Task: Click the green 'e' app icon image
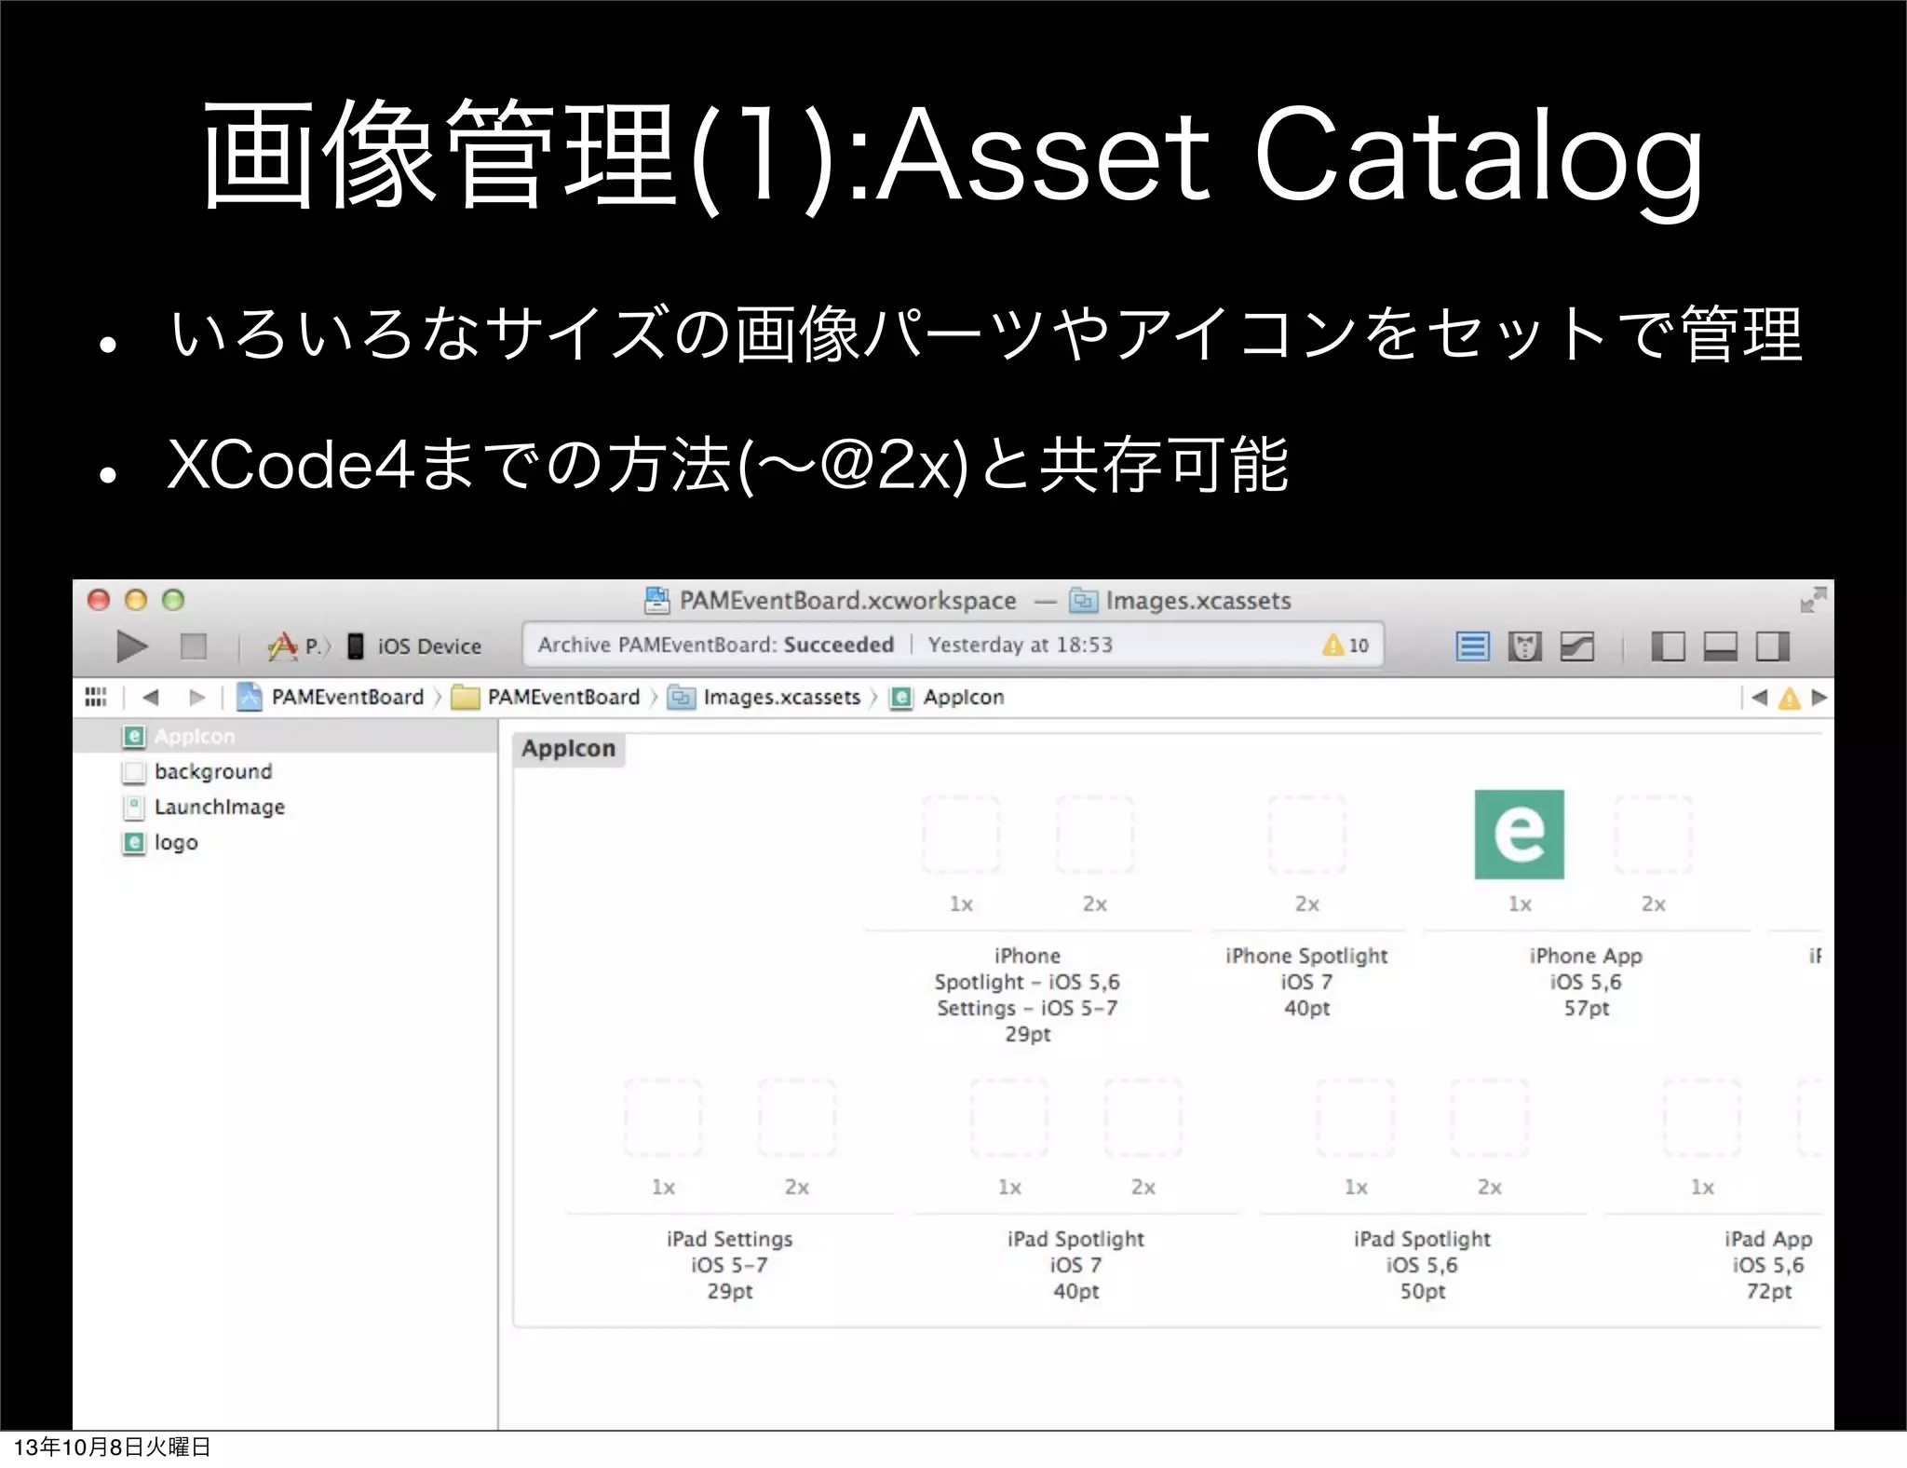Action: coord(1519,834)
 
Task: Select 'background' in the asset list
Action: coord(213,771)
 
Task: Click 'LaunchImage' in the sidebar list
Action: coord(219,807)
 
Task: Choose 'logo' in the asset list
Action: coord(176,842)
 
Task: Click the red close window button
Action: coord(99,600)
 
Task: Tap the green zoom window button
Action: coord(173,600)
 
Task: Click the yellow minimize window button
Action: coord(136,600)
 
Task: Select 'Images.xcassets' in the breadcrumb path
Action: coord(780,697)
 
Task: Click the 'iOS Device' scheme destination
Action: coord(428,646)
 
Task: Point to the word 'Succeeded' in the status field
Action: coord(838,645)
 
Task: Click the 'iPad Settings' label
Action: coord(729,1239)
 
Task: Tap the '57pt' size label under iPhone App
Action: coord(1586,1008)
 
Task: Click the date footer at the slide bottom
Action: coord(112,1447)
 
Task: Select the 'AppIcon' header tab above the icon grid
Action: coord(568,749)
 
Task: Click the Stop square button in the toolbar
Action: coord(194,646)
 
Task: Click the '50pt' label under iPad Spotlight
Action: coord(1422,1291)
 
